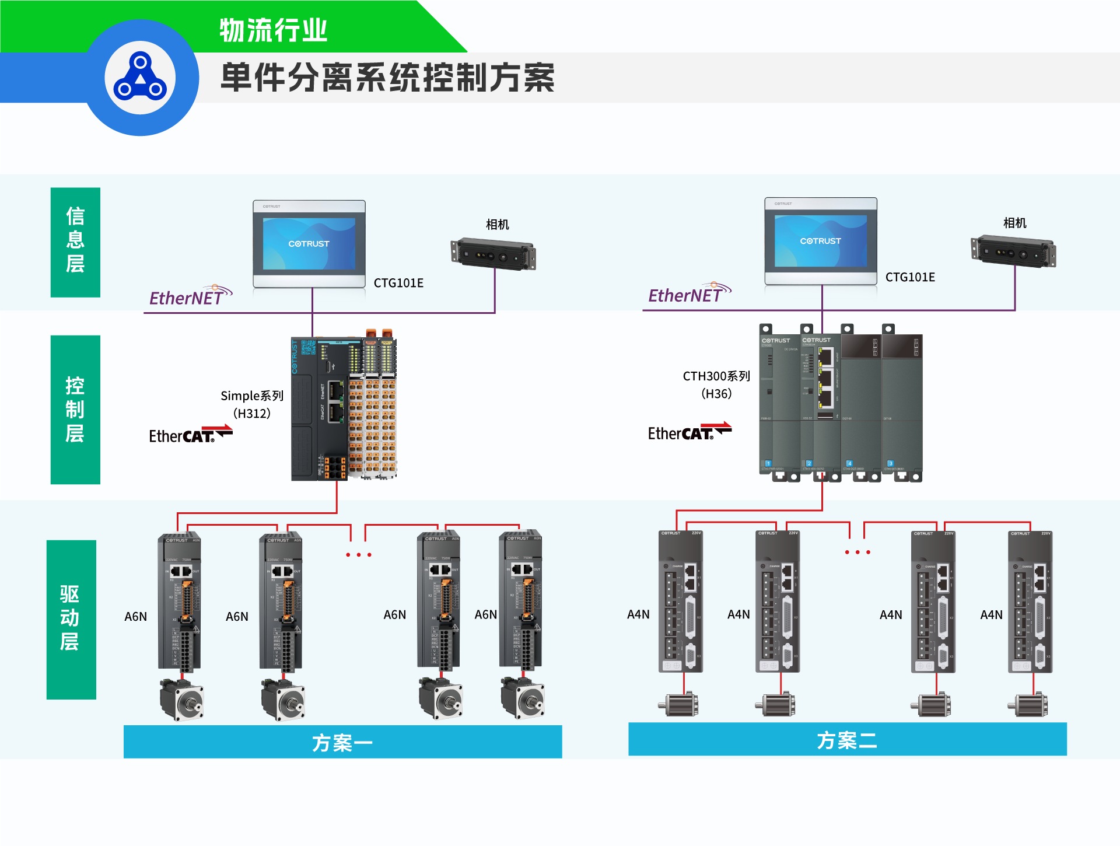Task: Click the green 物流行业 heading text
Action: point(273,30)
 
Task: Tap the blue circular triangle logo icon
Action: point(140,78)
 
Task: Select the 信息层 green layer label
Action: point(75,241)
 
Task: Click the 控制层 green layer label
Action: point(75,410)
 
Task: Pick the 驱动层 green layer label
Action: point(71,618)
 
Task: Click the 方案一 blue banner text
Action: point(342,743)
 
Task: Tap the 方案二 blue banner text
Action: point(847,740)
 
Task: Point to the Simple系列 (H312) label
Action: point(252,404)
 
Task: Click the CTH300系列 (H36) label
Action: point(716,384)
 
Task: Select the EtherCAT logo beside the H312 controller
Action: point(190,435)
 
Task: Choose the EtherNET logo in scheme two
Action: point(689,294)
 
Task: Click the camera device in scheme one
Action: point(493,255)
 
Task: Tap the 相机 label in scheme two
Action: point(1014,223)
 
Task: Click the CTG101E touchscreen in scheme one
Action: point(309,244)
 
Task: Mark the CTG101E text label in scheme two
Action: point(910,277)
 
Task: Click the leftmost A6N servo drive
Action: point(180,601)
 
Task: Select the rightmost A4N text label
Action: point(991,614)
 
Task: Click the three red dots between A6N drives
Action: point(358,554)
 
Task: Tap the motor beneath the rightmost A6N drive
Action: point(523,698)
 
